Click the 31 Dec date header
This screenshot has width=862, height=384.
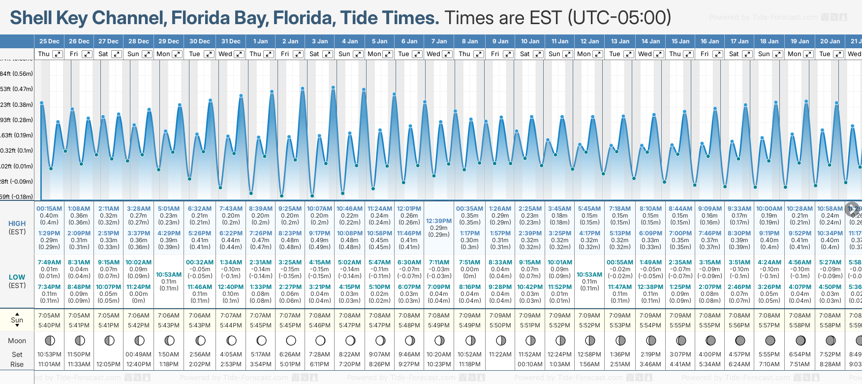[x=231, y=41]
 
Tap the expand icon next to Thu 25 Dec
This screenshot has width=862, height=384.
[x=58, y=54]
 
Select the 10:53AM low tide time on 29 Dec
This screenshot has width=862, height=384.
[x=169, y=275]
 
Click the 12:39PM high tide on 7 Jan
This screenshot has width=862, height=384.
[x=439, y=221]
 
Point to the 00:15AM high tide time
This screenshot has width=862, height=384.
[x=49, y=209]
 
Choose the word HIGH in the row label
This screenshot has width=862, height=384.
[x=17, y=224]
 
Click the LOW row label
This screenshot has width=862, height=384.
[x=17, y=277]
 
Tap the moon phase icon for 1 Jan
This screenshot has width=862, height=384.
[x=261, y=340]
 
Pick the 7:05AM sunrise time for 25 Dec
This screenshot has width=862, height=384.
[x=49, y=316]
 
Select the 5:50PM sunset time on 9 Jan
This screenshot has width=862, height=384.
[x=500, y=325]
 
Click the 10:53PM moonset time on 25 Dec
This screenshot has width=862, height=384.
[x=49, y=354]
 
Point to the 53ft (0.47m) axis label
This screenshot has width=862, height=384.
[x=16, y=89]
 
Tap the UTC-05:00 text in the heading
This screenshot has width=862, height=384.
[x=619, y=18]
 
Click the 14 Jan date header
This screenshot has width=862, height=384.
[x=650, y=41]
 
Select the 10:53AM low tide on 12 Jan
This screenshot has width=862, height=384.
[x=589, y=275]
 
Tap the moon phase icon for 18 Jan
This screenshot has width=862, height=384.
[x=770, y=340]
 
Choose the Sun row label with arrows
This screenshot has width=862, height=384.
[x=17, y=320]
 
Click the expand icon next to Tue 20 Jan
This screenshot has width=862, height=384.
[x=837, y=54]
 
